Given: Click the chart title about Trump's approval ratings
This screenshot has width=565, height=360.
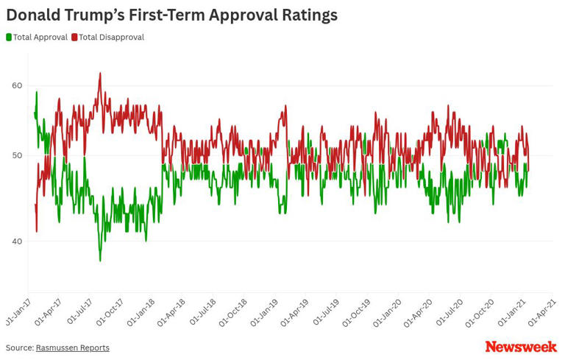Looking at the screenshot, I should [171, 15].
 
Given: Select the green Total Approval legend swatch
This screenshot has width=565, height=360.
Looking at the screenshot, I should [9, 37].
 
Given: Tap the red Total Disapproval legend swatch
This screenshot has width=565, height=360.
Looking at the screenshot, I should [74, 37].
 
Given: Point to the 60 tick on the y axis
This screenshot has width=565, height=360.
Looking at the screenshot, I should [17, 85].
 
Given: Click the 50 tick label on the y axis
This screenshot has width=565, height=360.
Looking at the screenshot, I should [17, 155].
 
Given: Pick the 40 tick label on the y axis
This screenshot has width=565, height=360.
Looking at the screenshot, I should [17, 241].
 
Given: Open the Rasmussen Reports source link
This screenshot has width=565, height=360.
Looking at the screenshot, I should [72, 347].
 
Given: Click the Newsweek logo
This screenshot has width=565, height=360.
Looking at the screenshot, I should [521, 346].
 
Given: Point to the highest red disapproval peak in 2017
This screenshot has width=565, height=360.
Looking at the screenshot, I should [100, 73].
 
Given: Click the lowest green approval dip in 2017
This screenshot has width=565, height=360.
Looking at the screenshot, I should [101, 260].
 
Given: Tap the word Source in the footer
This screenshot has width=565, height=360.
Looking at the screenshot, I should [18, 347].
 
